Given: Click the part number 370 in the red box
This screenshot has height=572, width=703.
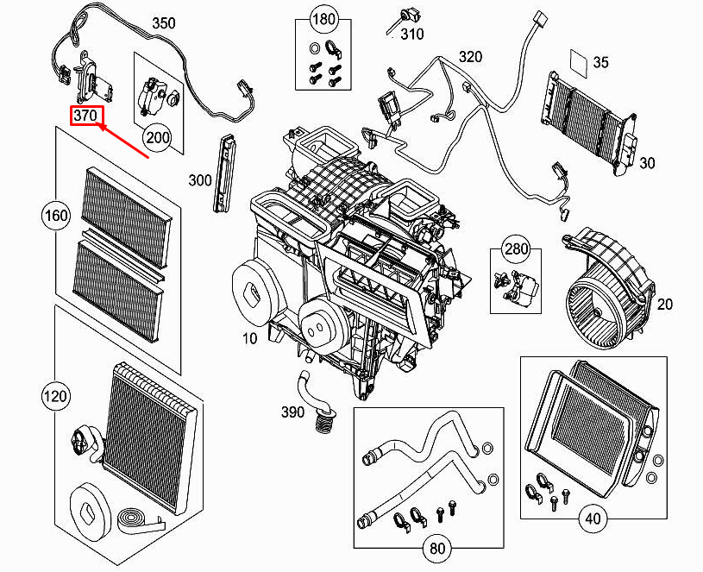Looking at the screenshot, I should (86, 116).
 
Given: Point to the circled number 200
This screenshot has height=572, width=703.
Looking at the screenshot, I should (158, 136).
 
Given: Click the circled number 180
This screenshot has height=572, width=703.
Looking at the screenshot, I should (323, 19).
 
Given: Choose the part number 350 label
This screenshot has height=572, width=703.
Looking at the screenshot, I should (164, 22).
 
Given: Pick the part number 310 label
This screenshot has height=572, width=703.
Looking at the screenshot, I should (412, 34).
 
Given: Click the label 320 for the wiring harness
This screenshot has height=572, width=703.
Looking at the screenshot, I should (470, 57).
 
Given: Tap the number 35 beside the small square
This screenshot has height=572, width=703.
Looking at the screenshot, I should (601, 61).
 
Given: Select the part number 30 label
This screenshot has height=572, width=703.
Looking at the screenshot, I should (647, 163).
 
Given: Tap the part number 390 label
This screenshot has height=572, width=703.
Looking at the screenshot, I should (292, 412).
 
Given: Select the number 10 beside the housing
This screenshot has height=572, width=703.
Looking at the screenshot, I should (249, 339).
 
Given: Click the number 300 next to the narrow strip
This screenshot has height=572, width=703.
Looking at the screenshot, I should (199, 179).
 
